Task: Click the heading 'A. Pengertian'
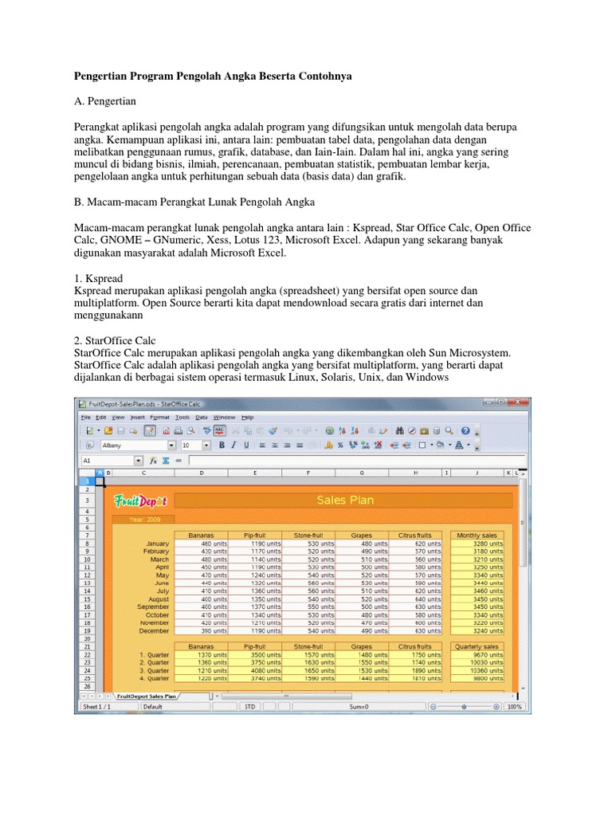click(105, 102)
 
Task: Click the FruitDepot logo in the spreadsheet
click(139, 501)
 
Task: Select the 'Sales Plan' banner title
click(344, 500)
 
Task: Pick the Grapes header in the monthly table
click(361, 535)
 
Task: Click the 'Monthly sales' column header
click(477, 535)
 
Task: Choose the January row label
click(157, 543)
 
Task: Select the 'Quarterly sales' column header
click(477, 646)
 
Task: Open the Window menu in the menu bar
click(224, 417)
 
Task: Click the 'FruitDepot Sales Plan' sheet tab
click(147, 696)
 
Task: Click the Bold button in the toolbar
click(222, 445)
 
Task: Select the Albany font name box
click(133, 445)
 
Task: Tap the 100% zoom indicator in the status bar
click(514, 706)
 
